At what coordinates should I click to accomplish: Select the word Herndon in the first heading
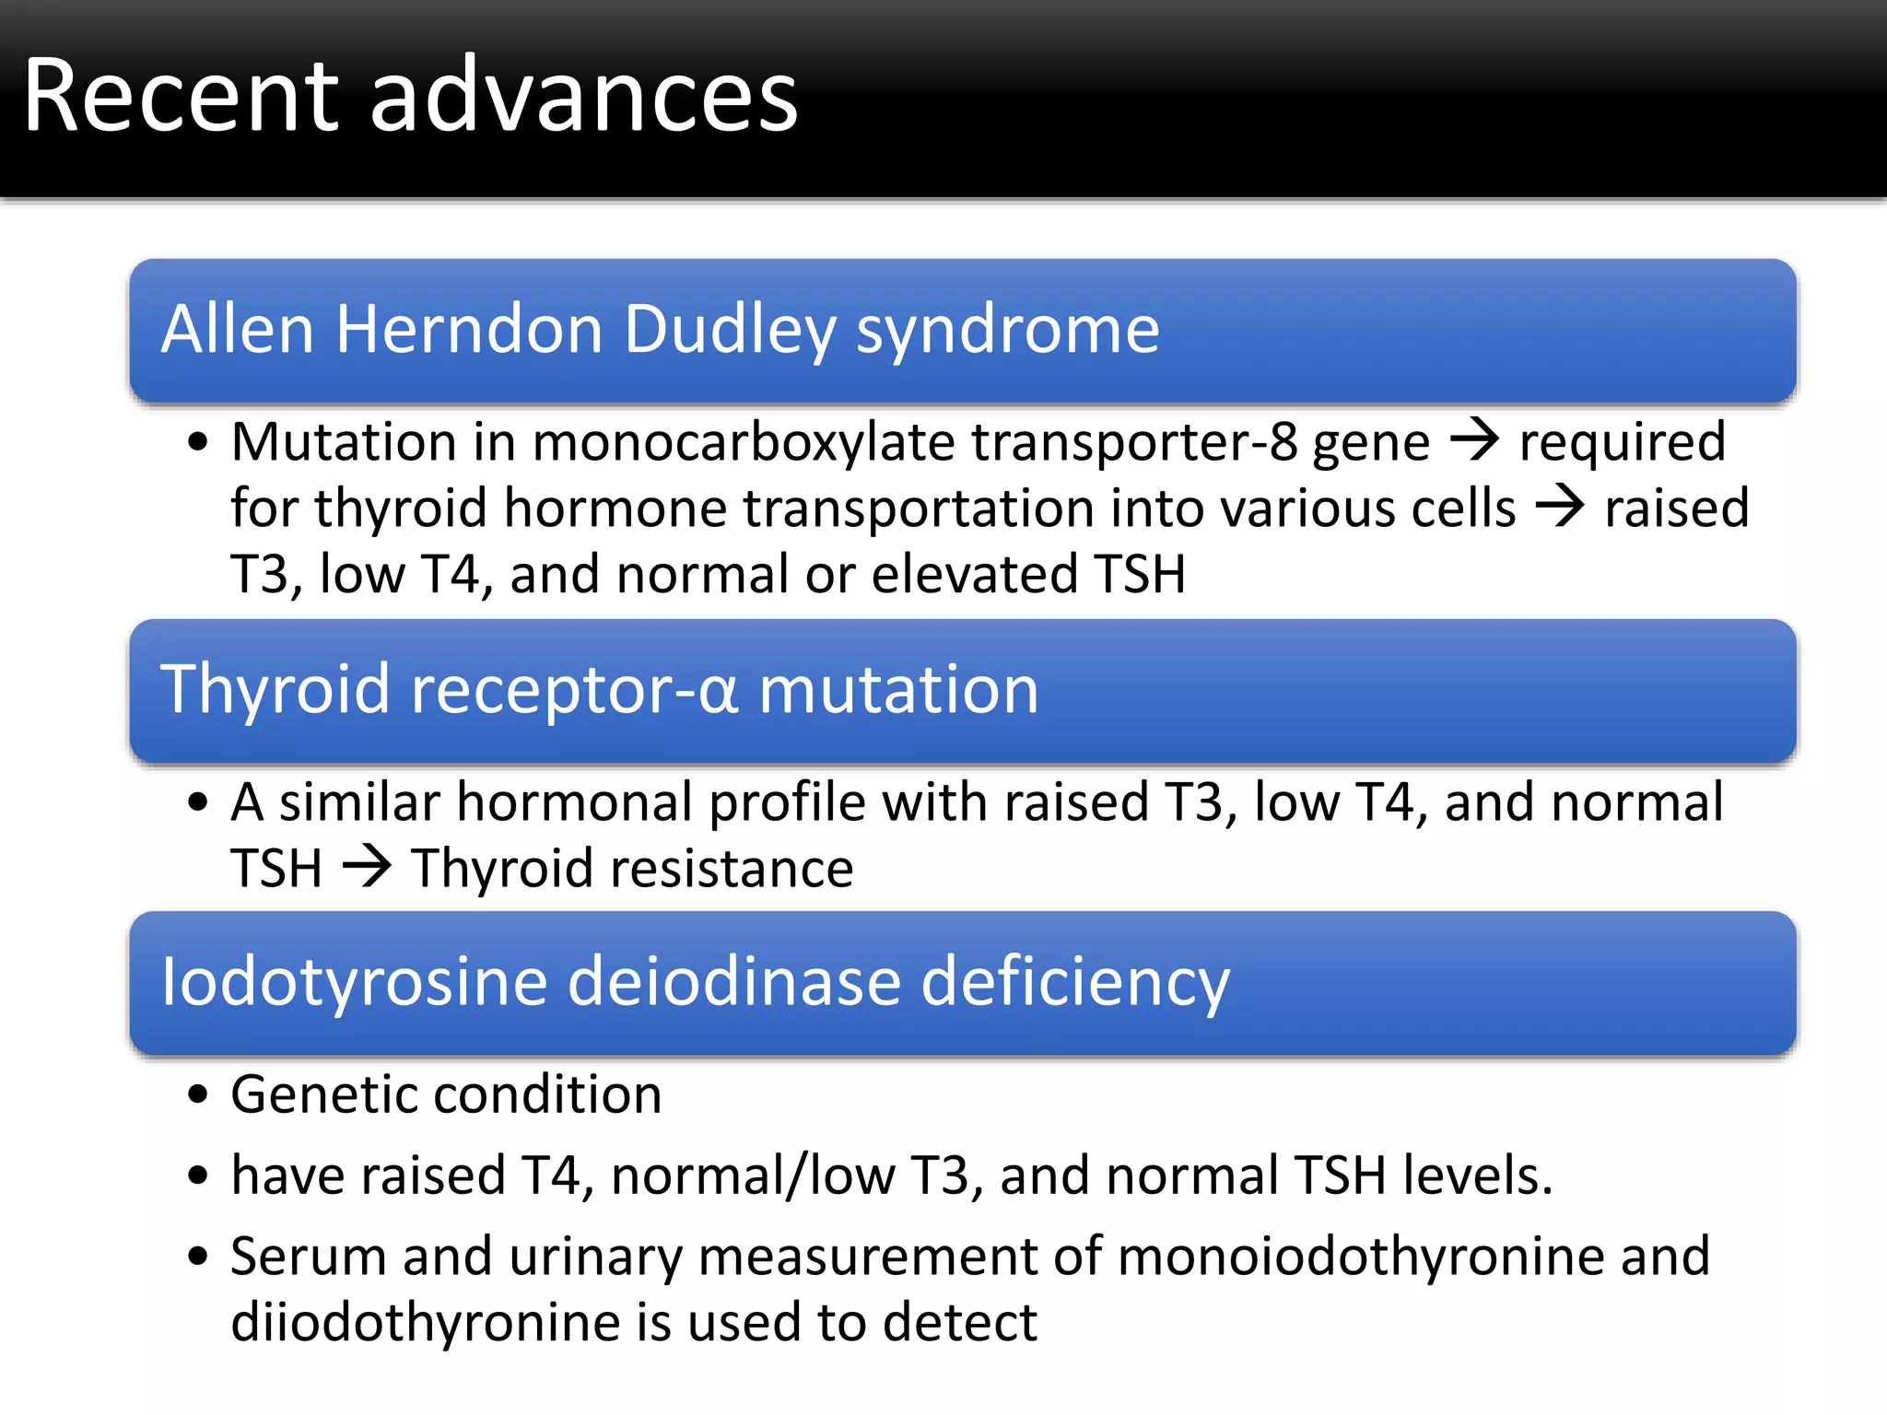469,329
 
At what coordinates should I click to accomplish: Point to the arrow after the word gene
1475,439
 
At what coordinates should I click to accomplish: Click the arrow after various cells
1560,507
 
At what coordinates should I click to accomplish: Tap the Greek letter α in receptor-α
718,692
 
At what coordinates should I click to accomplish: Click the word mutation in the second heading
898,690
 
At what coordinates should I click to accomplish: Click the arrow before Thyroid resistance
368,867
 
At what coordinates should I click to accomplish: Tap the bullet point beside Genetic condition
197,1096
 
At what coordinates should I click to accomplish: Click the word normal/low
753,1176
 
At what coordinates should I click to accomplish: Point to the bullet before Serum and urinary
197,1257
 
